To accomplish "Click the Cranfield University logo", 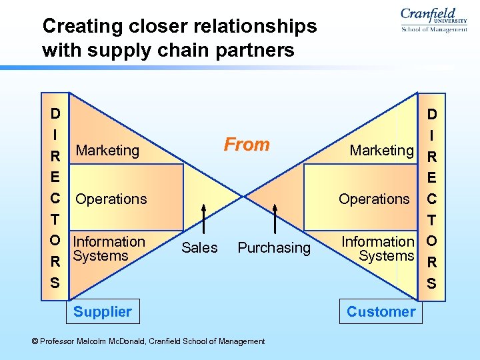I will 433,19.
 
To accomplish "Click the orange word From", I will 247,144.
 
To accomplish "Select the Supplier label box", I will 103,311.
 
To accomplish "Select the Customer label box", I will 381,311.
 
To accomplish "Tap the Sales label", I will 199,248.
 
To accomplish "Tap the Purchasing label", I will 274,248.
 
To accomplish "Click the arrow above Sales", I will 203,219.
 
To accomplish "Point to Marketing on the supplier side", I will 107,151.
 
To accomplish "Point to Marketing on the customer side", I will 382,151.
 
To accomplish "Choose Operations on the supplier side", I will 111,199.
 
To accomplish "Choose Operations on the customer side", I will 374,199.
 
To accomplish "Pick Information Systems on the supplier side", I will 109,248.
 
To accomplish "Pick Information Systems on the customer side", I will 378,248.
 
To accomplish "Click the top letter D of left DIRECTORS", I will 56,114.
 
